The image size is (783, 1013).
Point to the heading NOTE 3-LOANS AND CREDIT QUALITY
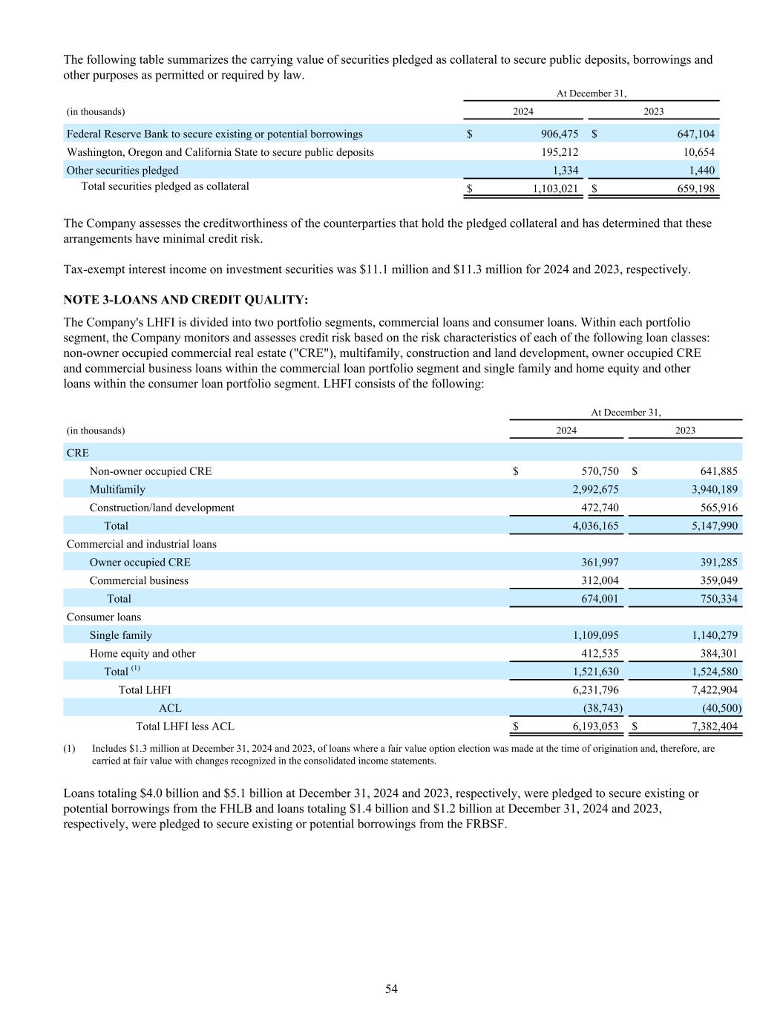(186, 300)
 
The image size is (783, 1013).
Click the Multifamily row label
(117, 490)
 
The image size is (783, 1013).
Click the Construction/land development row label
(162, 508)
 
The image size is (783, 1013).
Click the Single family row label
(120, 635)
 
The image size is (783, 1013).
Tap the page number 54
(391, 989)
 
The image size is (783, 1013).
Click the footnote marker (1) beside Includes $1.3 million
(70, 749)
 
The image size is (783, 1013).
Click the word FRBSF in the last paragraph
(484, 824)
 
